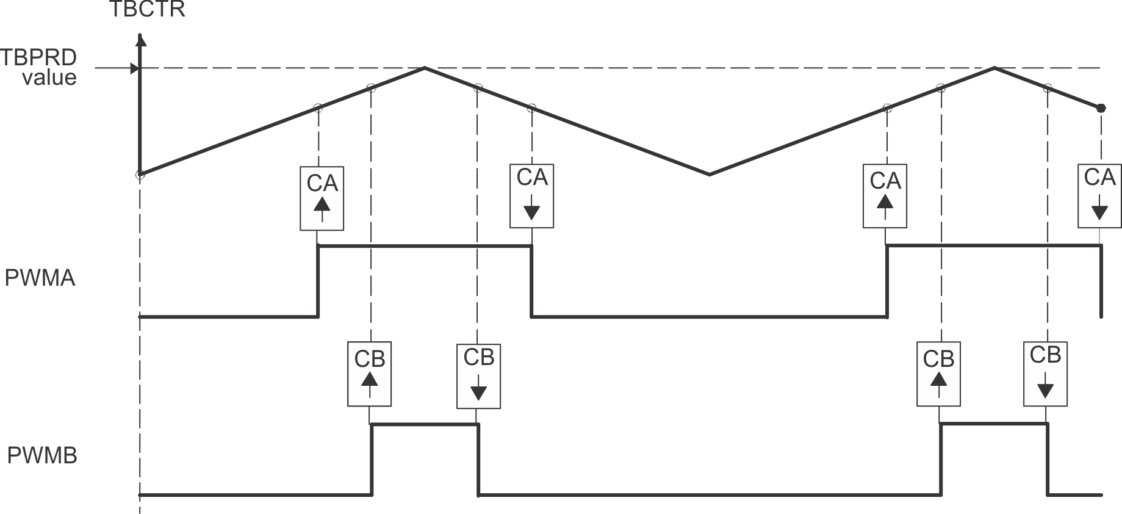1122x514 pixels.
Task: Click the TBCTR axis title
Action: tap(146, 10)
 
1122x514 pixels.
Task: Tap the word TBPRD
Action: tap(38, 57)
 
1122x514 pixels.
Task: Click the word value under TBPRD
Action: tap(49, 78)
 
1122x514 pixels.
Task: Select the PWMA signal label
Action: tap(40, 278)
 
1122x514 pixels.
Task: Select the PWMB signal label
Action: tap(42, 455)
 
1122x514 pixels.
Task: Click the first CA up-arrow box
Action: tap(322, 198)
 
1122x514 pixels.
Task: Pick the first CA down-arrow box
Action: tap(531, 196)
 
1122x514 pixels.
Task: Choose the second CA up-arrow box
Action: tap(885, 196)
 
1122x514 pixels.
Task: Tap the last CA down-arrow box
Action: tap(1099, 196)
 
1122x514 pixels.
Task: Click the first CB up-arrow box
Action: tap(369, 374)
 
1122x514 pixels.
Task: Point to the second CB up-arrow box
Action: tap(938, 374)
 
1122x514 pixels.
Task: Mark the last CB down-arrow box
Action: tap(1045, 374)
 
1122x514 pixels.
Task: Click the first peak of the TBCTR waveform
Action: tap(425, 67)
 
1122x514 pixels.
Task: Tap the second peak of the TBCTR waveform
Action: tap(994, 67)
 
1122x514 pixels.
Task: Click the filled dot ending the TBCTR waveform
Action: tap(1101, 108)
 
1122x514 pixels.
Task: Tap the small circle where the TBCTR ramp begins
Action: tap(140, 175)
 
